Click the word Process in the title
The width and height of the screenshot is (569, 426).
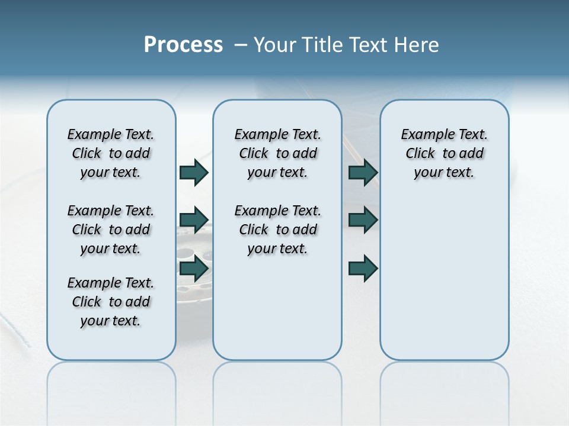pyautogui.click(x=183, y=45)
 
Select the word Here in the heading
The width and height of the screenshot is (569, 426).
pyautogui.click(x=417, y=45)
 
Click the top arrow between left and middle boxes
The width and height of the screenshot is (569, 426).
pyautogui.click(x=194, y=172)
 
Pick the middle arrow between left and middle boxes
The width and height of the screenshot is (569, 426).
pyautogui.click(x=194, y=220)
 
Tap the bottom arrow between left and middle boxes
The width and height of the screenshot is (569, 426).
pyautogui.click(x=194, y=269)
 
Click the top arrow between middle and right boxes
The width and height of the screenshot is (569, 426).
pyautogui.click(x=363, y=172)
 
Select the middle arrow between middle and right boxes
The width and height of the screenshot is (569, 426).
pyautogui.click(x=363, y=220)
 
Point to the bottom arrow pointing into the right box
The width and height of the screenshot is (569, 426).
pyautogui.click(x=363, y=269)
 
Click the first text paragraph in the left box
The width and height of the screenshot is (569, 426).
pyautogui.click(x=111, y=153)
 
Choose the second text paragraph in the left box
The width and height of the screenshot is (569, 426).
pyautogui.click(x=111, y=230)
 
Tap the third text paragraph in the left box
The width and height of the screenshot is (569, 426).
pyautogui.click(x=111, y=302)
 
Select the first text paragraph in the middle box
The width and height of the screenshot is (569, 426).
pyautogui.click(x=277, y=153)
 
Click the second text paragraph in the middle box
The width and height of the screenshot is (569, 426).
pyautogui.click(x=277, y=230)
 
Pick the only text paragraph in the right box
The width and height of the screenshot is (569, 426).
pyautogui.click(x=444, y=153)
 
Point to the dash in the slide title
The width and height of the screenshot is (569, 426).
pyautogui.click(x=241, y=45)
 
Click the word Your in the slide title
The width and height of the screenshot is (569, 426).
pyautogui.click(x=273, y=45)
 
